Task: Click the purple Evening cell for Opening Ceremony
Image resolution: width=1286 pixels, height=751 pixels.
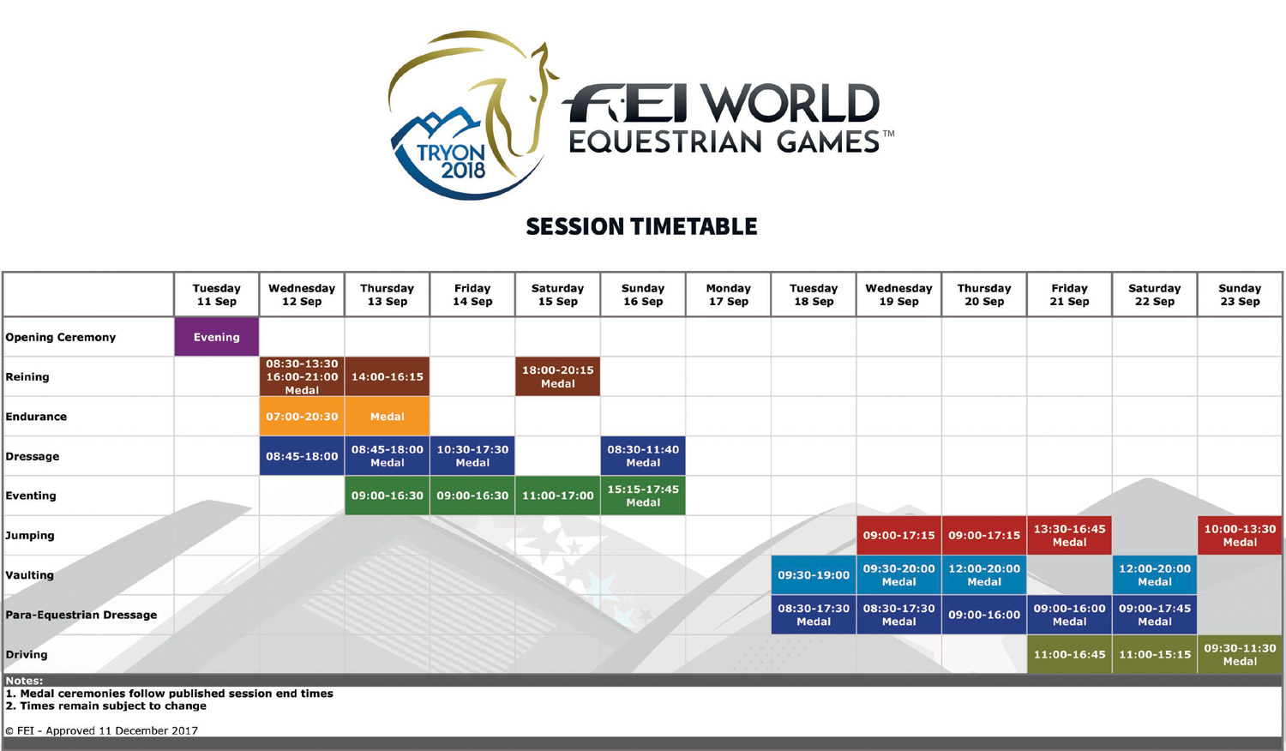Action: tap(216, 337)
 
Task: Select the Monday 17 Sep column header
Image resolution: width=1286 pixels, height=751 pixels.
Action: tap(728, 295)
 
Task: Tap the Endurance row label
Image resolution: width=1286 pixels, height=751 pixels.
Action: tap(36, 417)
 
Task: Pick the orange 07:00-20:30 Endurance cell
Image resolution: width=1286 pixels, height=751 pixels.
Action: tap(302, 417)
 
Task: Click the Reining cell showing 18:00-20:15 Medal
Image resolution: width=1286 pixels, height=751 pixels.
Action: tap(557, 376)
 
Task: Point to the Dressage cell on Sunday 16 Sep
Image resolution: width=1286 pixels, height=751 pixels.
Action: tap(643, 456)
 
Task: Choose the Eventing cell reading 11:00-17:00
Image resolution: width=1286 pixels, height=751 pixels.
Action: tap(557, 496)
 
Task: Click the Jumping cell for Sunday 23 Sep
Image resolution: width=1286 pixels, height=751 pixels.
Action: tap(1240, 535)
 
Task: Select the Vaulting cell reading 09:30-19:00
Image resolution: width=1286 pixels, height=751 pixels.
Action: tap(814, 574)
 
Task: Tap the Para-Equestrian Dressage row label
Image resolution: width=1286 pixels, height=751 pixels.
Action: tap(81, 615)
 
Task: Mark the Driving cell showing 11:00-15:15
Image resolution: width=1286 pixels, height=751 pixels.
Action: tap(1155, 654)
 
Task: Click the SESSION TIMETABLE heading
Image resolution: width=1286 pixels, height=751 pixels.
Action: tap(642, 226)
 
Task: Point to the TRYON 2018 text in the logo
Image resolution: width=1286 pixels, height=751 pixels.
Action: tap(451, 161)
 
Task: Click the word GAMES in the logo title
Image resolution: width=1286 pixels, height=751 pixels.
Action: tap(828, 141)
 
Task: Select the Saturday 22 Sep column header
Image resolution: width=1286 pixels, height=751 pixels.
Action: tap(1155, 295)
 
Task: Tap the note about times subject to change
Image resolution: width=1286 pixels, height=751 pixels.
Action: tap(105, 706)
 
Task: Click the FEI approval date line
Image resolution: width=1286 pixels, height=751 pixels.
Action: tap(102, 730)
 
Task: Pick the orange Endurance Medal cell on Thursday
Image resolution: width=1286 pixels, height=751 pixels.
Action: tap(387, 417)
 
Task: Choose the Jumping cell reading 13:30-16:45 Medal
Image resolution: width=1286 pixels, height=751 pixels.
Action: tap(1070, 535)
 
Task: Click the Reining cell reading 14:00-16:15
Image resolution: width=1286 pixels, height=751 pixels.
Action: tap(387, 376)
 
